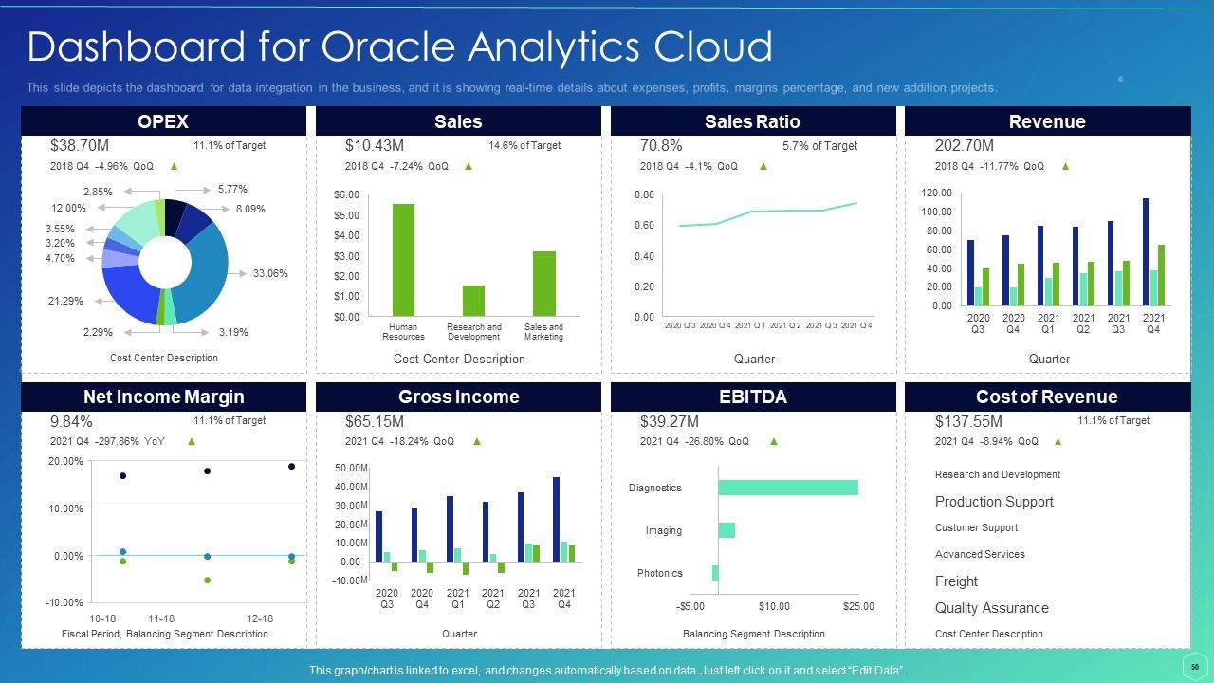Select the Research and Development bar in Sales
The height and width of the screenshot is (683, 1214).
[473, 301]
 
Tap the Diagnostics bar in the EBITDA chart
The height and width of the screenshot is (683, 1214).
[788, 488]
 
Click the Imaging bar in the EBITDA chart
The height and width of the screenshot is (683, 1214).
[727, 530]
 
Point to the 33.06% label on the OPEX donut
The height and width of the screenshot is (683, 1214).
[270, 274]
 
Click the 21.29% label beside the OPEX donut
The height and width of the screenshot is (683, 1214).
[65, 302]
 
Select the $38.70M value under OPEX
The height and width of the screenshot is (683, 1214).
[79, 146]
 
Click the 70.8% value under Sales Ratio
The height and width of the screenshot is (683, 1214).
[661, 146]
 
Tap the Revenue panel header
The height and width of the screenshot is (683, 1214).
[1047, 121]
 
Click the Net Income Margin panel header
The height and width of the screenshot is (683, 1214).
[163, 397]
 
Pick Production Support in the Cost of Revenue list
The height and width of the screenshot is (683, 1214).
[994, 502]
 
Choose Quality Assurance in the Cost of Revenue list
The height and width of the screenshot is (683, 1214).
[991, 608]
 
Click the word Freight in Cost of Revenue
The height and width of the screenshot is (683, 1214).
[956, 581]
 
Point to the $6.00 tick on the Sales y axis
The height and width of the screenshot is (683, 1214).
[346, 194]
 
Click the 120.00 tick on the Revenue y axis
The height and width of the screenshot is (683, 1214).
[936, 193]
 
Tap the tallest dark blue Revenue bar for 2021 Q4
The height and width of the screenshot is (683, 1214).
[1146, 251]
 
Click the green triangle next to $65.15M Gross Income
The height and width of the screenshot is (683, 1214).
[477, 441]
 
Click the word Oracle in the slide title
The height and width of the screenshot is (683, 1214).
[390, 46]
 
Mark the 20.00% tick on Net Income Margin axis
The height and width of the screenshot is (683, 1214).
[65, 461]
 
